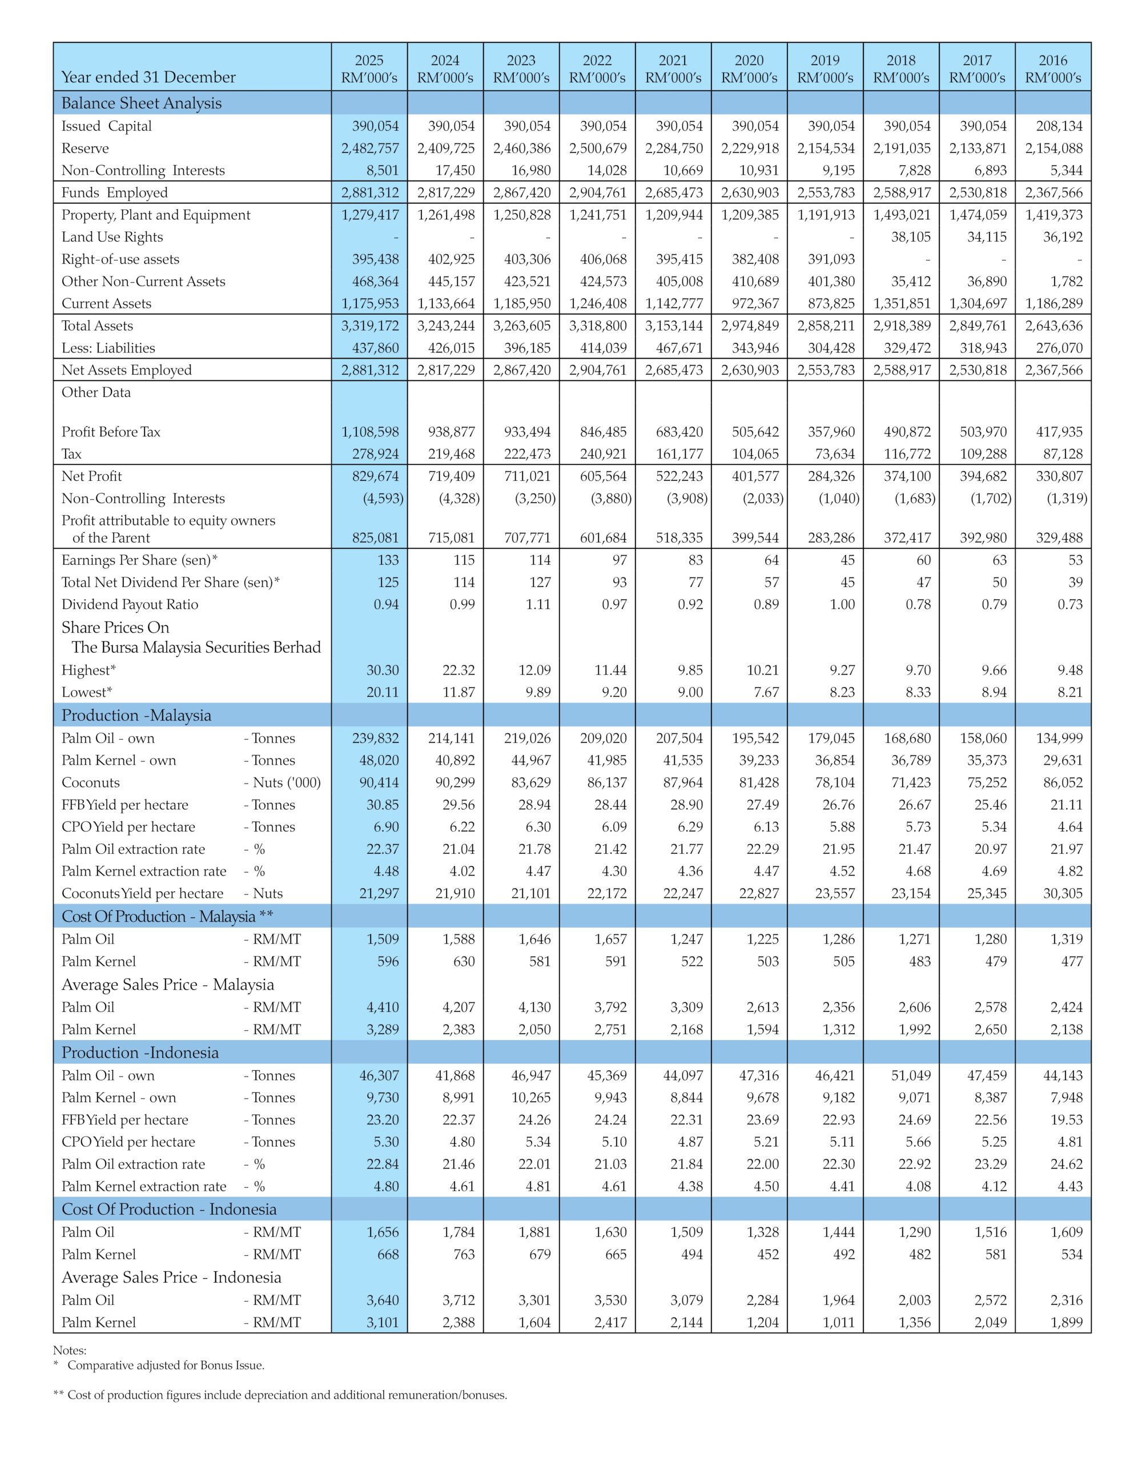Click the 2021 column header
(x=673, y=69)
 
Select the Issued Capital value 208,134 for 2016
(x=1060, y=126)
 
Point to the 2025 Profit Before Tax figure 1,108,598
(x=370, y=432)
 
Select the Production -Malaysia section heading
(x=136, y=715)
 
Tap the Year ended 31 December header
(x=148, y=77)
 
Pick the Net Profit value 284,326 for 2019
(x=832, y=476)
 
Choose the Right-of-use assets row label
(x=120, y=259)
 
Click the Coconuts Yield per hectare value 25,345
(x=986, y=893)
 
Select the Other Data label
(x=96, y=392)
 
